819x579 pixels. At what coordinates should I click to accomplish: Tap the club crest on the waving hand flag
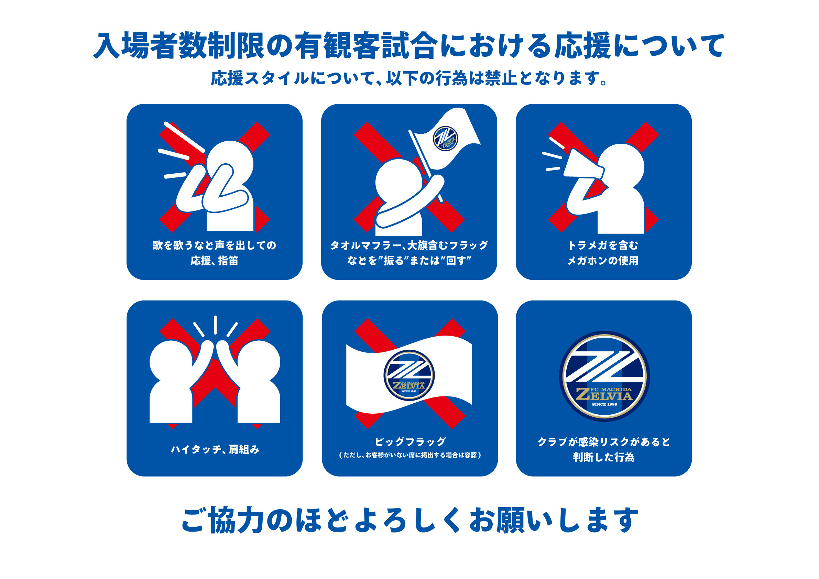coord(445,139)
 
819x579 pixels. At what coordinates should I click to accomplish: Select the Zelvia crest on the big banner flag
coord(409,375)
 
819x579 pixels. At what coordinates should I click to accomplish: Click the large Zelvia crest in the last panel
coord(604,376)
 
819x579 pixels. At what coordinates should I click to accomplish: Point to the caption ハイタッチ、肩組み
coord(215,449)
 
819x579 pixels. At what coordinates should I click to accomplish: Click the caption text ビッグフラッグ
coord(410,442)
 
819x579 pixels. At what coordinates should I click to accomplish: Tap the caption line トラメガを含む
coord(603,245)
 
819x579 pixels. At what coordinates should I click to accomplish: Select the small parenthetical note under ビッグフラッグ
coord(410,455)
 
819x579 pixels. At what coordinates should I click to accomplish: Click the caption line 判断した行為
coord(603,457)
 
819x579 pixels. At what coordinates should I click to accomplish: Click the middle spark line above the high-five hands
coord(216,325)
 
